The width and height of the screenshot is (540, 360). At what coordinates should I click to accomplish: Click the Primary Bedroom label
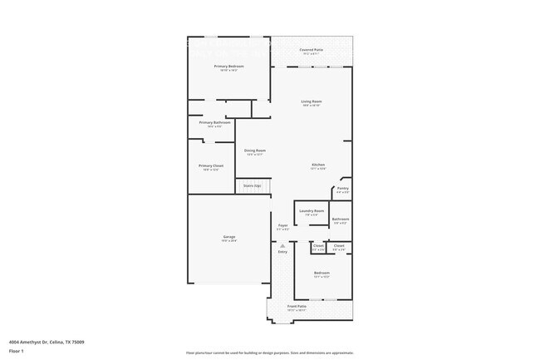click(x=228, y=66)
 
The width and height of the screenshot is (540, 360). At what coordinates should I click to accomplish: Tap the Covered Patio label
click(x=312, y=50)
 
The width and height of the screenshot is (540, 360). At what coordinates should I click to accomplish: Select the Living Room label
click(x=312, y=101)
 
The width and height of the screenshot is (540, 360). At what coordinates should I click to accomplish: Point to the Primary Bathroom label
click(x=214, y=122)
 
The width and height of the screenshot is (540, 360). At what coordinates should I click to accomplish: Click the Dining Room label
click(x=254, y=150)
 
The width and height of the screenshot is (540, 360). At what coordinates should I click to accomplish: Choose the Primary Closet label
click(x=211, y=165)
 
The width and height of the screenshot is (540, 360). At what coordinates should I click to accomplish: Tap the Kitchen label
click(x=318, y=165)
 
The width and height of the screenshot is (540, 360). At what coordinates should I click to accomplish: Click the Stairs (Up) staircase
click(x=253, y=186)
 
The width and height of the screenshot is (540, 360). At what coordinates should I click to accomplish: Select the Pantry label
click(x=342, y=189)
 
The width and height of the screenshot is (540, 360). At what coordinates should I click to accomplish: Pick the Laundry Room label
click(x=312, y=211)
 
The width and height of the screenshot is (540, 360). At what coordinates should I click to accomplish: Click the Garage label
click(x=228, y=236)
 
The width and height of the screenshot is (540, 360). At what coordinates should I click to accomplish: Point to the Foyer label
click(x=282, y=225)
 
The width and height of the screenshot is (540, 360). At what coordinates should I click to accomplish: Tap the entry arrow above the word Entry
click(x=282, y=246)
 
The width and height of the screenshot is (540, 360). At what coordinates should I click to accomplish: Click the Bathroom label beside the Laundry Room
click(x=341, y=219)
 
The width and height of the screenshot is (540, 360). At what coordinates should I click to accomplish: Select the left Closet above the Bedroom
click(x=318, y=245)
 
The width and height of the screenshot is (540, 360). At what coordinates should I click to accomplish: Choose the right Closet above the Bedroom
click(x=339, y=245)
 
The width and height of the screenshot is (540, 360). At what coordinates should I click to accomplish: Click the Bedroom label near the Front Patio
click(x=322, y=273)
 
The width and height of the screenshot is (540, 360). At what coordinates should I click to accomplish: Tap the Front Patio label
click(x=297, y=307)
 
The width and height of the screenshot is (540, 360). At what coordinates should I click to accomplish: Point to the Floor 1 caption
click(x=17, y=351)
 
